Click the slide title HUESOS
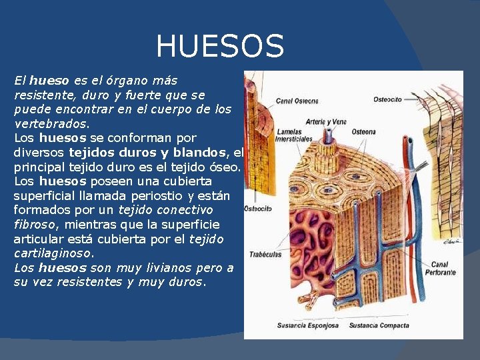220,47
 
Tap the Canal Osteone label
297,101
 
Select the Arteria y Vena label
326,122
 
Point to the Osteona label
364,131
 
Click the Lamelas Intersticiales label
294,135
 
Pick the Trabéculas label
265,254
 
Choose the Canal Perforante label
443,269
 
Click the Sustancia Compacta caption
379,325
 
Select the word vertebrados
50,124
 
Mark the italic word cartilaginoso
53,253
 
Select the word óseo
228,167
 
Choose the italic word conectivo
192,210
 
